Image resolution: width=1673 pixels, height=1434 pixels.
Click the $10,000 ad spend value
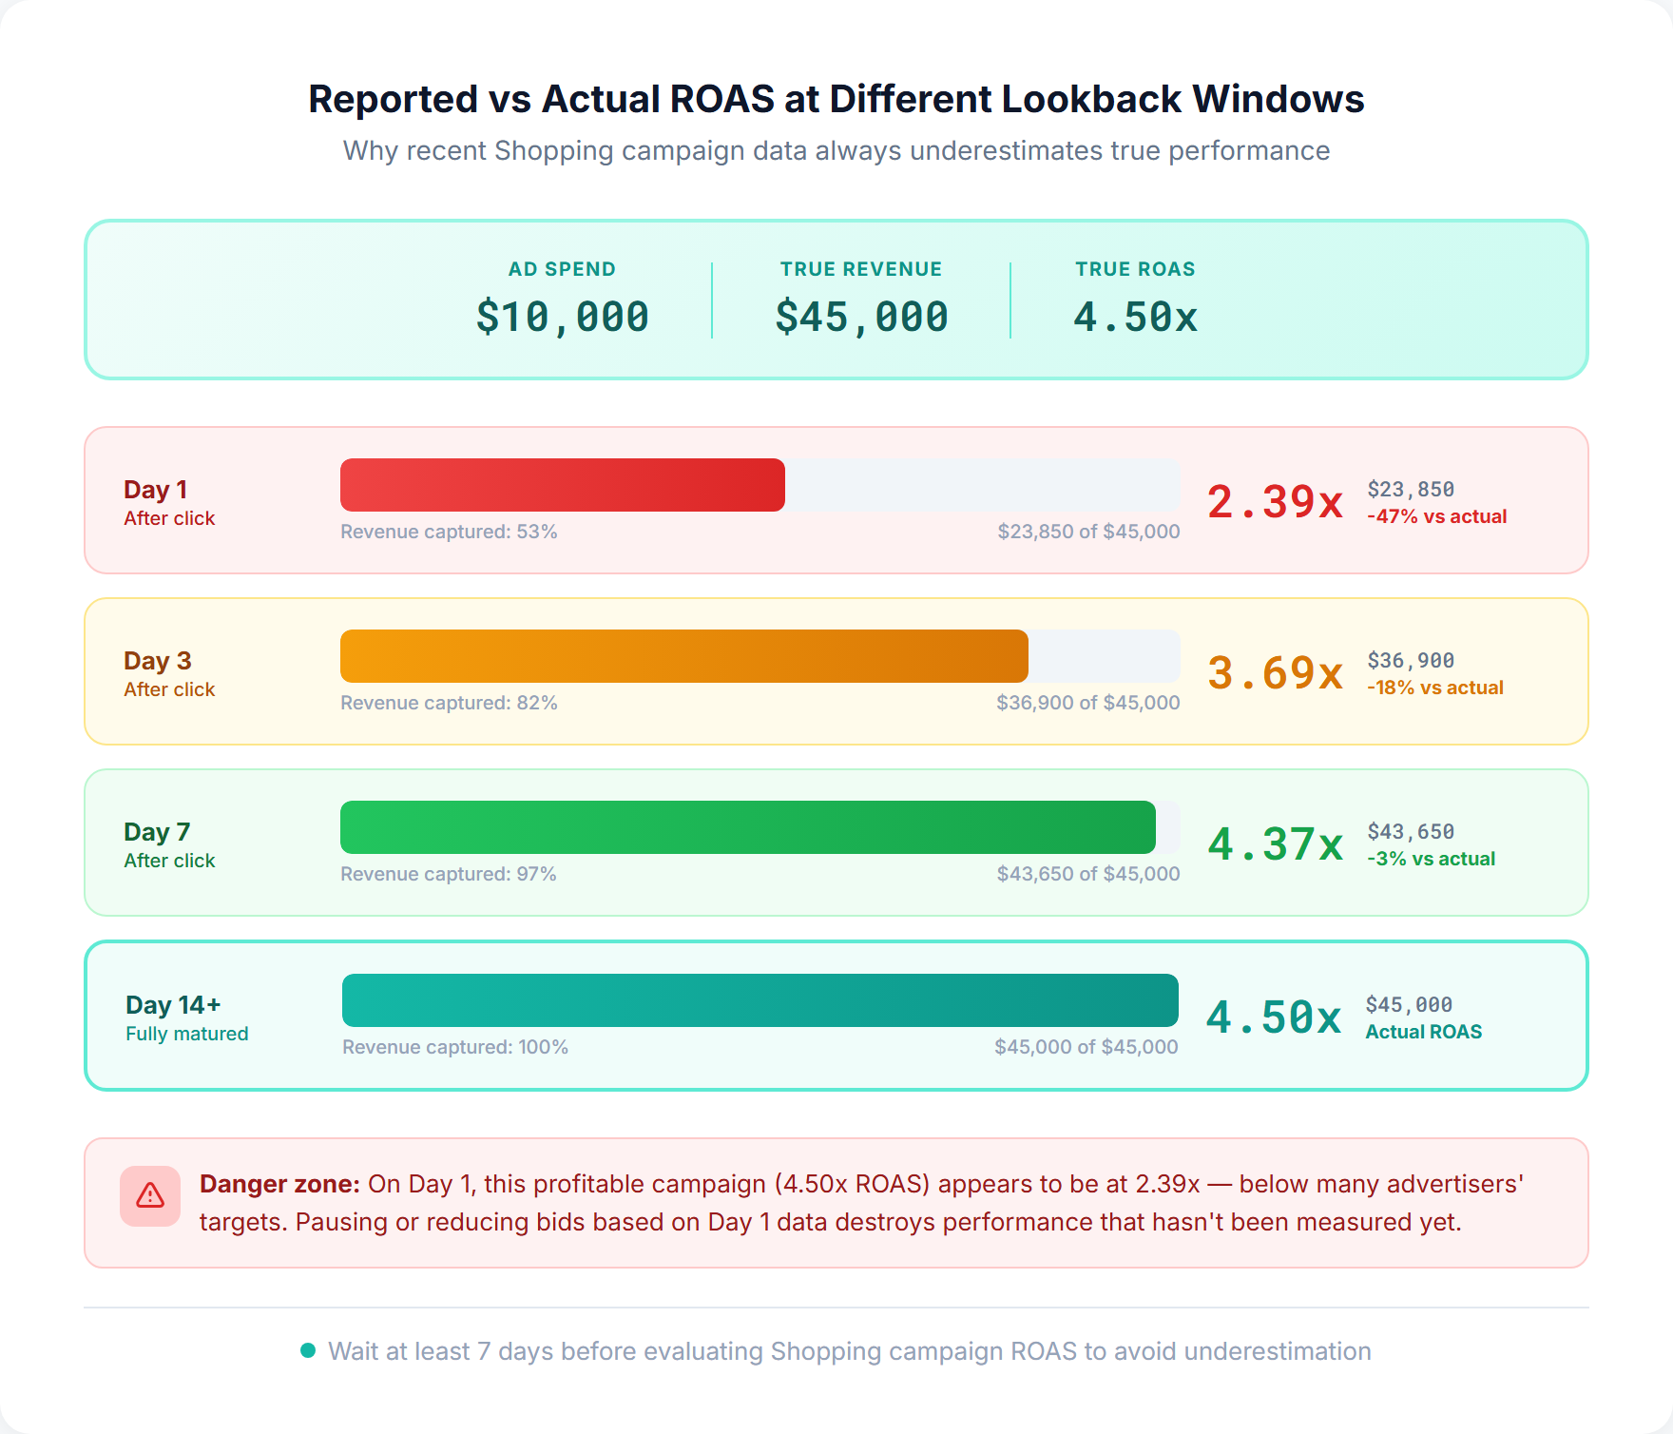(562, 317)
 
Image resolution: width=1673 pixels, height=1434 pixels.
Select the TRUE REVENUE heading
(861, 269)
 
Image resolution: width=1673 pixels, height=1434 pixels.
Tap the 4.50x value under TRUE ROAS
(1135, 317)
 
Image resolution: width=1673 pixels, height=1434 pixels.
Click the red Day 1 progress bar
(563, 485)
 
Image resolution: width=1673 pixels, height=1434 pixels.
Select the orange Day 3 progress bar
(684, 656)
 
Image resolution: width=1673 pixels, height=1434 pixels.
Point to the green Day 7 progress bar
(748, 827)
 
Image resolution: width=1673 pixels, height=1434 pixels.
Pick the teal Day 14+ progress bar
(760, 1000)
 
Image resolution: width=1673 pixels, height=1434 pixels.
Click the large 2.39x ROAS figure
(1275, 502)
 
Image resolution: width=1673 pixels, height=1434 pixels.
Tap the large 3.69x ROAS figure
(1275, 673)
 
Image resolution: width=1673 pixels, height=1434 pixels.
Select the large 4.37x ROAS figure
(1275, 844)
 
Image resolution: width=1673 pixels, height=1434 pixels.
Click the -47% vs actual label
(1436, 516)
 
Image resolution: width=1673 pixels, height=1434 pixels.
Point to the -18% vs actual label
(1434, 688)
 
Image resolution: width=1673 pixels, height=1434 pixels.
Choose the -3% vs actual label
(1431, 859)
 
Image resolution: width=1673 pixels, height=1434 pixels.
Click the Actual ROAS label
(1423, 1032)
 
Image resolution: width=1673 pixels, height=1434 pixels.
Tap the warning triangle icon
(150, 1196)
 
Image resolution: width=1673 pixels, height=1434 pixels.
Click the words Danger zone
(279, 1184)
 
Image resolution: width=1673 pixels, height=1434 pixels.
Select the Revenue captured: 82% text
(449, 703)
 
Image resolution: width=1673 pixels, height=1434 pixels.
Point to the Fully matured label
(186, 1034)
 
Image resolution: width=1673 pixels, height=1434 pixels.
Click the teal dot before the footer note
(308, 1350)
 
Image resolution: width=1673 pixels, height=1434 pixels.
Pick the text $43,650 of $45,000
(1087, 874)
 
